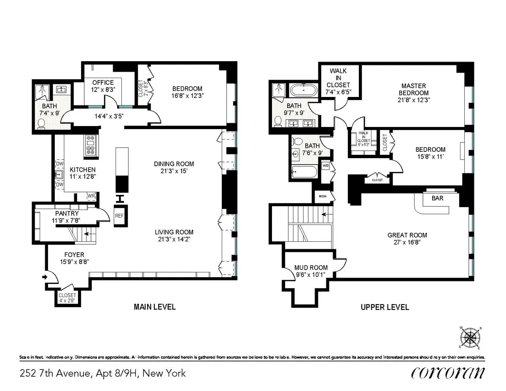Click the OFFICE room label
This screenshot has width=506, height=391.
pyautogui.click(x=103, y=82)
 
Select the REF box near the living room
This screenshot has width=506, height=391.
pyautogui.click(x=119, y=215)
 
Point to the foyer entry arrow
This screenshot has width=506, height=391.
pyautogui.click(x=45, y=277)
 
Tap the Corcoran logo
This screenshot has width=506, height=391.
pyautogui.click(x=447, y=373)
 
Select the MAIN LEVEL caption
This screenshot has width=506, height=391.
pyautogui.click(x=154, y=307)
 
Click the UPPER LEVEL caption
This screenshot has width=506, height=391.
pyautogui.click(x=385, y=307)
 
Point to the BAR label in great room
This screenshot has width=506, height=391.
pyautogui.click(x=437, y=198)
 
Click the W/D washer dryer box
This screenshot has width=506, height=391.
pyautogui.click(x=326, y=166)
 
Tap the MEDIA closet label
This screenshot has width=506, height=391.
pyautogui.click(x=321, y=196)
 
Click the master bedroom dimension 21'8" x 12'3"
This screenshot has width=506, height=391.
pyautogui.click(x=415, y=100)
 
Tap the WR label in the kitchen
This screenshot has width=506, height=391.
pyautogui.click(x=91, y=196)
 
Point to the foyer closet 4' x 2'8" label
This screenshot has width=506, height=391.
pyautogui.click(x=67, y=298)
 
